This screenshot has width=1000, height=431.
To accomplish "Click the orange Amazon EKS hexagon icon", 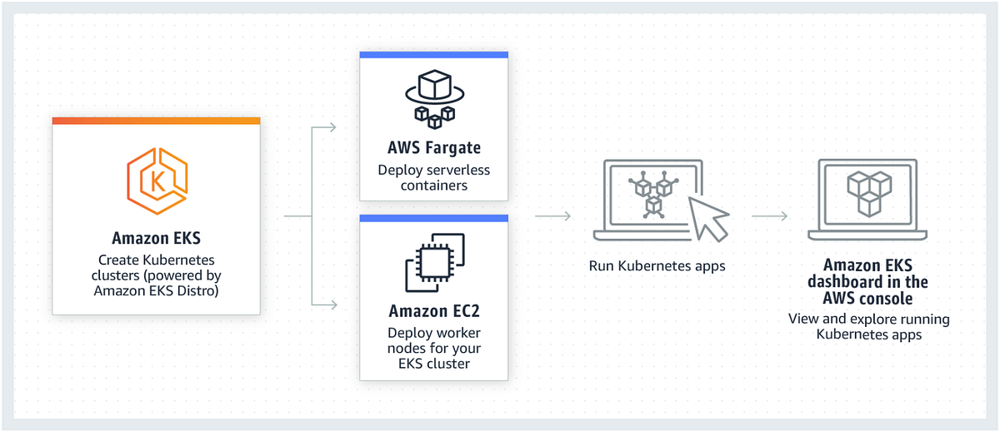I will click(x=157, y=176).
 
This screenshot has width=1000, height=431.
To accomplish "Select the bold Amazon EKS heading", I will click(x=157, y=237).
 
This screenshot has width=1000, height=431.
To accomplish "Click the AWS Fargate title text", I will click(x=433, y=149).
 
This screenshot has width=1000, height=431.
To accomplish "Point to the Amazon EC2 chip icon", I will click(x=433, y=263).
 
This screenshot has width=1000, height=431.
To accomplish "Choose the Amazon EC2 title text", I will click(x=433, y=312).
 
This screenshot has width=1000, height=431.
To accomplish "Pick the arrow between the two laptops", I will click(x=770, y=216).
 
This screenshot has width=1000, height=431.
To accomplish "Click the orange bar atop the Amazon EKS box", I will click(x=157, y=121).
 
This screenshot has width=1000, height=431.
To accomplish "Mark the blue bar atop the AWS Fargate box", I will click(x=433, y=55).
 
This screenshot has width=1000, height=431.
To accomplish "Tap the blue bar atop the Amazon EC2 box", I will click(x=433, y=218).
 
